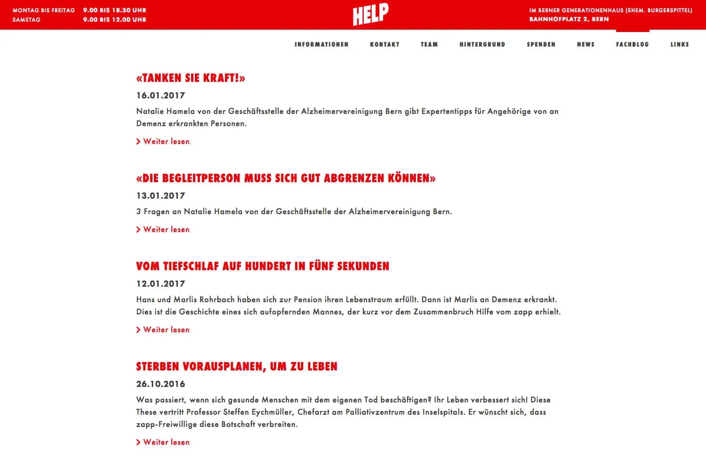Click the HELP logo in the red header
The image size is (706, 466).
370,15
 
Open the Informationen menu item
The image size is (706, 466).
321,44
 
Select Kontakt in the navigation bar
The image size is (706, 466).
385,44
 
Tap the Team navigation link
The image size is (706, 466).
429,44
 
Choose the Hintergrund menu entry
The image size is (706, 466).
482,44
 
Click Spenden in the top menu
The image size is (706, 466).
541,44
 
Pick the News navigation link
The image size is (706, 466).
586,44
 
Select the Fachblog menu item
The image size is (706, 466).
632,44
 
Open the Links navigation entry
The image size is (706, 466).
680,44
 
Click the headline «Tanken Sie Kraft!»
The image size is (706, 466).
191,78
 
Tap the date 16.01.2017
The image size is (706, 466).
160,96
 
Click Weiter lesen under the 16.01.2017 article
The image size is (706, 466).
166,141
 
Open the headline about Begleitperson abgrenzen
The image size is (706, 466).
286,178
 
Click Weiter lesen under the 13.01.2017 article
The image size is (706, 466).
166,229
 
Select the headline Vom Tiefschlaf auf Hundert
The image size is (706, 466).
263,266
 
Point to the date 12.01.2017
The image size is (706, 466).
160,284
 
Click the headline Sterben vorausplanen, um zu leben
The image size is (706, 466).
237,367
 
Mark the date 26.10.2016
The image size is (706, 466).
160,384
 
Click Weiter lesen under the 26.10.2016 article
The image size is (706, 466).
166,442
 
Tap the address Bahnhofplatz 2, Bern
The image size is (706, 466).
569,19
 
